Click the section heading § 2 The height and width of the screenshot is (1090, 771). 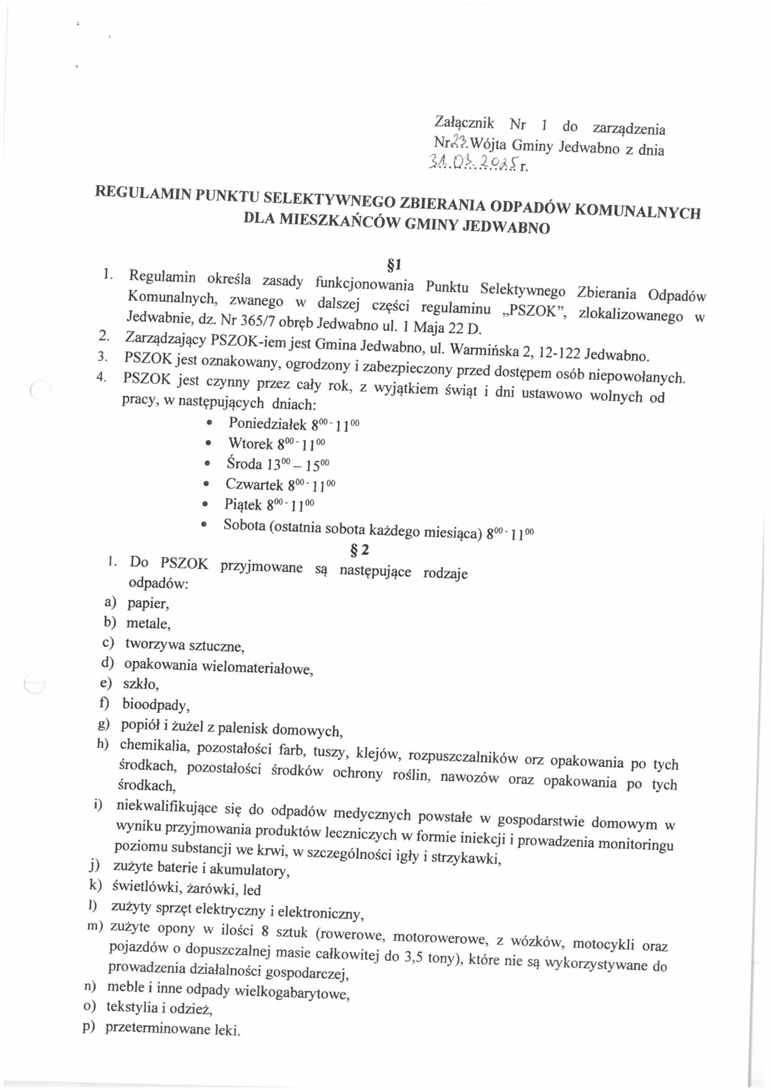click(359, 550)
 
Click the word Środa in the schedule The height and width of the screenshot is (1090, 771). click(244, 463)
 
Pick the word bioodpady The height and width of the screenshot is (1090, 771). click(156, 706)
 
